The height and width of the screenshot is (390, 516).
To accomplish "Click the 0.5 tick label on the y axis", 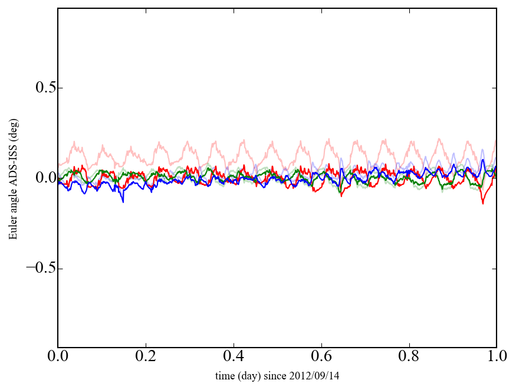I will pos(40,88).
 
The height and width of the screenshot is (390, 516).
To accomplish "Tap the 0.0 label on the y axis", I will pos(40,179).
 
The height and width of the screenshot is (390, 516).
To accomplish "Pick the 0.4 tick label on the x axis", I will pos(234,357).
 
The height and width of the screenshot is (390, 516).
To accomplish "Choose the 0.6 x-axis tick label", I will pos(321,357).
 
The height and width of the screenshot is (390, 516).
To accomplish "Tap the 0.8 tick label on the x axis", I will pos(409,357).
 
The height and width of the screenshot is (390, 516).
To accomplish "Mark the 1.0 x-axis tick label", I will pos(497,357).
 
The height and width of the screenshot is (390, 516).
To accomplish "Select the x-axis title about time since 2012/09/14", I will pos(277,375).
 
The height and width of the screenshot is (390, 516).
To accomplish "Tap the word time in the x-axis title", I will pos(224,375).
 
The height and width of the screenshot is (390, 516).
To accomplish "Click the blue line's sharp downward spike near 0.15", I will pos(123,201).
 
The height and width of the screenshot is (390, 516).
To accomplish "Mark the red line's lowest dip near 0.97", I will pos(483,203).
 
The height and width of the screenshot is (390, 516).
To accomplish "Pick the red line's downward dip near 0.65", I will pos(341,195).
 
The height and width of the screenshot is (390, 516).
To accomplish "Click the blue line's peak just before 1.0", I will pos(482,160).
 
